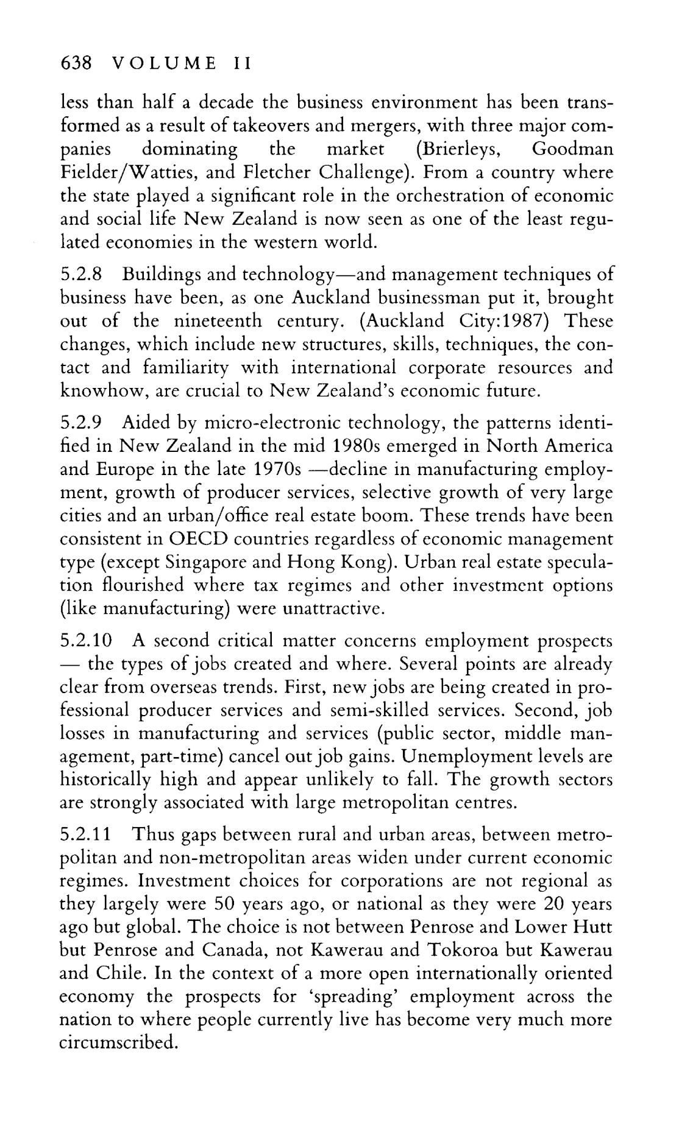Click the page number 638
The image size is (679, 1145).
click(75, 63)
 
